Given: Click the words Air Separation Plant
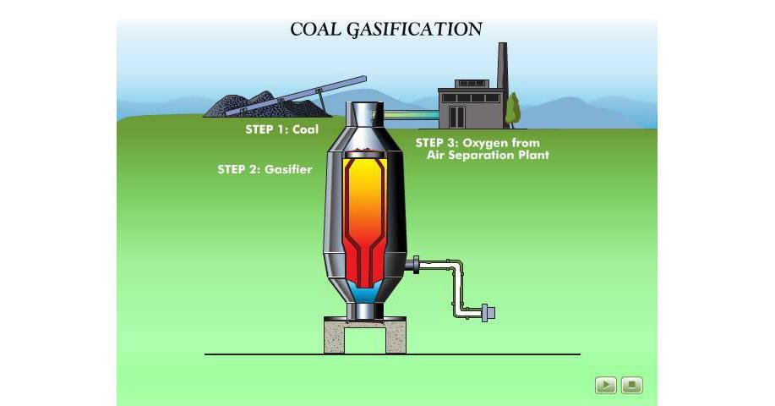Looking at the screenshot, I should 488,156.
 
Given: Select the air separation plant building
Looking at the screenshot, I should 469,105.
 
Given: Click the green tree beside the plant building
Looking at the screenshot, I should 512,109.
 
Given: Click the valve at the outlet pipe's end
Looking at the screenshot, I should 488,312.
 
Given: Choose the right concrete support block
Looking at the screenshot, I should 396,336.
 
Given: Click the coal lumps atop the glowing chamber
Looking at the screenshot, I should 364,153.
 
